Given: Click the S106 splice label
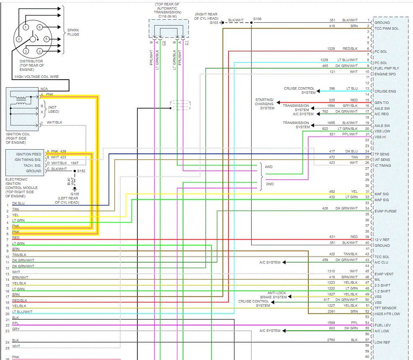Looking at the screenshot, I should [x=257, y=19].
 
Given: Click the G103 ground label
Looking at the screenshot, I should [x=214, y=23].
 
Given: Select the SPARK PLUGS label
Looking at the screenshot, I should [x=73, y=32].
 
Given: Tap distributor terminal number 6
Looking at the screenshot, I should [x=39, y=27].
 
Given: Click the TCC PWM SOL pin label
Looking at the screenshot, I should [x=387, y=28].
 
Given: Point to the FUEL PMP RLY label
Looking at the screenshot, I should [x=387, y=68].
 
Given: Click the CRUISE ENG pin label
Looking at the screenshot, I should [x=385, y=91].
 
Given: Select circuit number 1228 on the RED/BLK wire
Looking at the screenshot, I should [x=331, y=49].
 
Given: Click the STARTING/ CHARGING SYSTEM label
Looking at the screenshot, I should [x=265, y=104].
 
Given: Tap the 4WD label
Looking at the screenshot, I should [x=268, y=167].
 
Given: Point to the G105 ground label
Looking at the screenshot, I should [x=75, y=194].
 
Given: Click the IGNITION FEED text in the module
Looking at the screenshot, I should [x=28, y=154].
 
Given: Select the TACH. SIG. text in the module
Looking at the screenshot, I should [x=31, y=166].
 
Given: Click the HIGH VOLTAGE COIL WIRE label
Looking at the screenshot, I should [x=37, y=77].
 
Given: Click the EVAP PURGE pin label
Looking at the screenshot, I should [x=385, y=211].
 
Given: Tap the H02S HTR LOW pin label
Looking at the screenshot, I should [x=387, y=314].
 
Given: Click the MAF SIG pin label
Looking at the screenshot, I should [x=382, y=194].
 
